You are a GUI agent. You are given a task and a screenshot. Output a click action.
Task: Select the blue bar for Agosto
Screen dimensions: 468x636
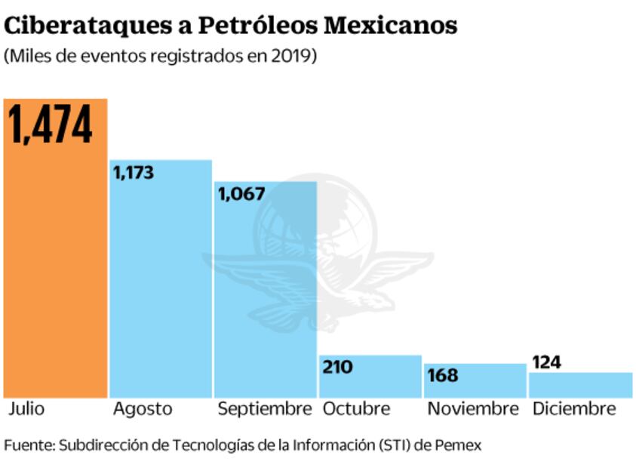pyautogui.click(x=161, y=287)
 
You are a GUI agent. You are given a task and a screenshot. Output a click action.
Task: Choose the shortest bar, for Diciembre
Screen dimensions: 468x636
pyautogui.click(x=579, y=385)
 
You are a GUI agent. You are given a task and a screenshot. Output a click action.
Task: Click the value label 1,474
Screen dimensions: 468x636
pyautogui.click(x=51, y=125)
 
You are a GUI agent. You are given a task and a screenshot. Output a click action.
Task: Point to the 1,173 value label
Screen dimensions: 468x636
pyautogui.click(x=134, y=173)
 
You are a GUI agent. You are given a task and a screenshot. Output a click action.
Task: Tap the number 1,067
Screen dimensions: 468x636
pyautogui.click(x=241, y=194)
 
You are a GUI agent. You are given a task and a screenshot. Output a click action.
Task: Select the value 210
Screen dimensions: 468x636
pyautogui.click(x=337, y=367)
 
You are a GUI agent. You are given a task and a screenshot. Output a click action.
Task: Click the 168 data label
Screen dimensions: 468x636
pyautogui.click(x=442, y=375)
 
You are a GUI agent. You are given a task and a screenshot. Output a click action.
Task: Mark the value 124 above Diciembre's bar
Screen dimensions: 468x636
pyautogui.click(x=546, y=362)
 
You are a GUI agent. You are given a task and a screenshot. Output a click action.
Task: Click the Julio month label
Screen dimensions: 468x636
pyautogui.click(x=27, y=409)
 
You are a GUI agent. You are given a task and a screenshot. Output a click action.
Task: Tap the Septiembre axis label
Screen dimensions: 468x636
pyautogui.click(x=264, y=409)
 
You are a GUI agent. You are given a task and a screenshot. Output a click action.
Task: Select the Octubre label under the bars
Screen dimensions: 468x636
pyautogui.click(x=356, y=409)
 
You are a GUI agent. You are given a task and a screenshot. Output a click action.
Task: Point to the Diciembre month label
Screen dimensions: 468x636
pyautogui.click(x=574, y=409)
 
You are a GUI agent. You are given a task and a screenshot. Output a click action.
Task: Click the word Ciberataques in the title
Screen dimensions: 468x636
pyautogui.click(x=97, y=26)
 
